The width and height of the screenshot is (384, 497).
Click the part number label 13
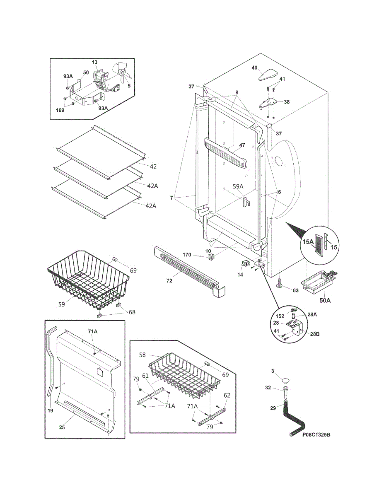95,62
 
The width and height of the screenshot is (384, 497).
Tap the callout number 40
254,68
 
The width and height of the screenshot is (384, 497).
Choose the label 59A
238,186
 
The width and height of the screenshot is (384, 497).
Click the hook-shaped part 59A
246,202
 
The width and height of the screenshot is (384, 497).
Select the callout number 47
242,145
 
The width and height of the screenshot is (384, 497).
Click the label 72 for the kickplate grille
169,281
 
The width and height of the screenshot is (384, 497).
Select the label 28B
315,334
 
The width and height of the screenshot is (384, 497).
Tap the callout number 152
280,316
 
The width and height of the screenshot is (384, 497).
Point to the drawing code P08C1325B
316,435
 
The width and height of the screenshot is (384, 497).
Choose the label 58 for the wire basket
142,355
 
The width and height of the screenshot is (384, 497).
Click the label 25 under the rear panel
62,427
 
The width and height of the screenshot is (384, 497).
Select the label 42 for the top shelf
153,166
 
